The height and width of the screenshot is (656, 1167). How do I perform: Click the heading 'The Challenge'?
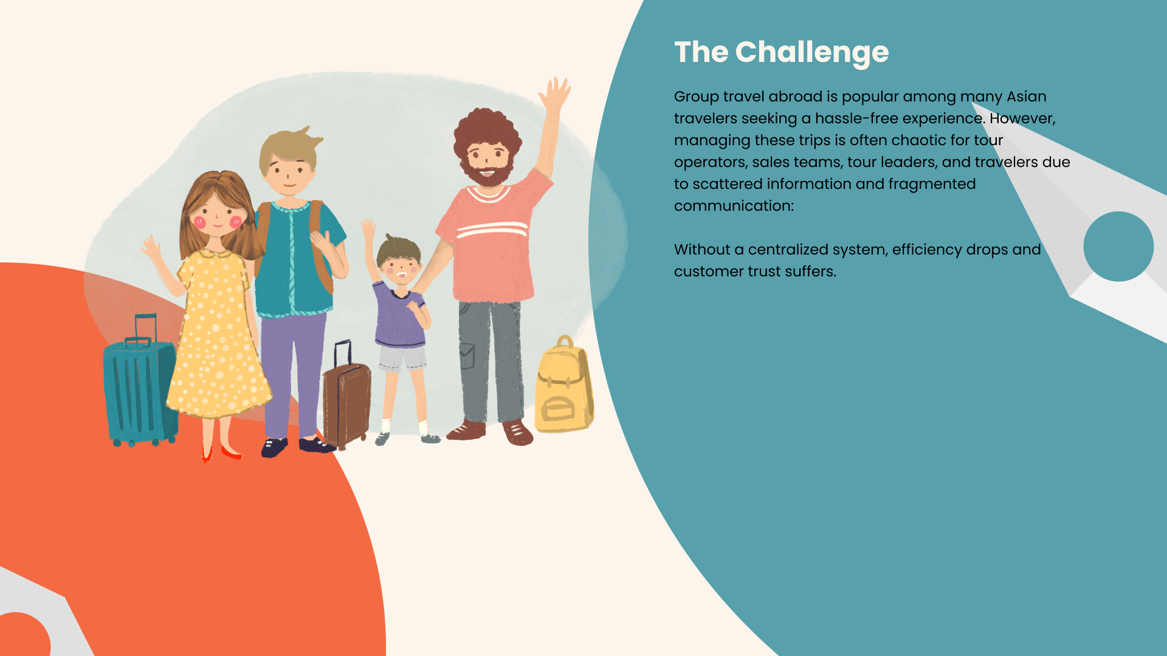tap(781, 53)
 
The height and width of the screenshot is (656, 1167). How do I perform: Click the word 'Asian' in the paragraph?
tap(1027, 97)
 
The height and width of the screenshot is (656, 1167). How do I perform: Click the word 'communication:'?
tap(734, 206)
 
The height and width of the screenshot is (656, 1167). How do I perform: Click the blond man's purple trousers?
tap(293, 374)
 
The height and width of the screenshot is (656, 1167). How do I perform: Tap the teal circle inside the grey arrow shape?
tap(1118, 247)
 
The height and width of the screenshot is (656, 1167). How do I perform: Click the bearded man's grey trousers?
tap(490, 361)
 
